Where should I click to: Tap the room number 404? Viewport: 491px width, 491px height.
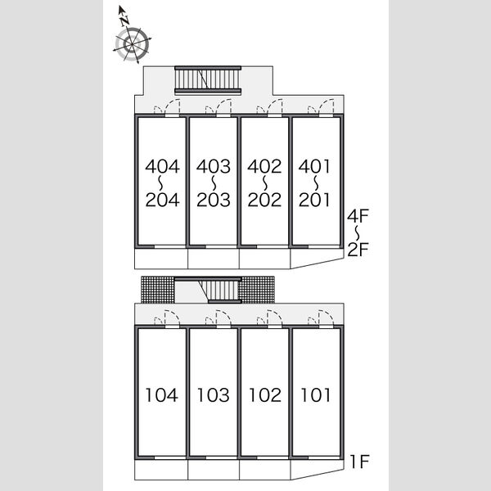point(163,166)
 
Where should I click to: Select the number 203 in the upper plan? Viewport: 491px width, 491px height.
point(214,200)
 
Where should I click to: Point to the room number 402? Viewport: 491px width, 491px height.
point(264,166)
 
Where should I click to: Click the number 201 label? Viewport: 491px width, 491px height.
point(314,200)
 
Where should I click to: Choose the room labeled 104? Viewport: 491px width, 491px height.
point(162,395)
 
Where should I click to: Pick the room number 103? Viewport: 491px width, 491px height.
point(214,395)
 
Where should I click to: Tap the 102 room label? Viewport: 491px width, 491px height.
point(265,395)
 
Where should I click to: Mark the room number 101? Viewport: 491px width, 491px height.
point(316,395)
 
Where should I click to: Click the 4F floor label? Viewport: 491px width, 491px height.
point(358,216)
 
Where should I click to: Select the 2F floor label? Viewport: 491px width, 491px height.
point(358,250)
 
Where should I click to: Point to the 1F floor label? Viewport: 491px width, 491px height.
point(360,462)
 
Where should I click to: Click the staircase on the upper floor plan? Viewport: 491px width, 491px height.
point(208,80)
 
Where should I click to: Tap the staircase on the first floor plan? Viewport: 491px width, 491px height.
point(220,291)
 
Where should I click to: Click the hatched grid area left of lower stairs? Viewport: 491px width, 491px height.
point(158,290)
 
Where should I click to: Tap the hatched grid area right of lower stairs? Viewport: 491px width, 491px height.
point(256,290)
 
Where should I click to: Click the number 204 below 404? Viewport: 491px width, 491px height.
point(163,200)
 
